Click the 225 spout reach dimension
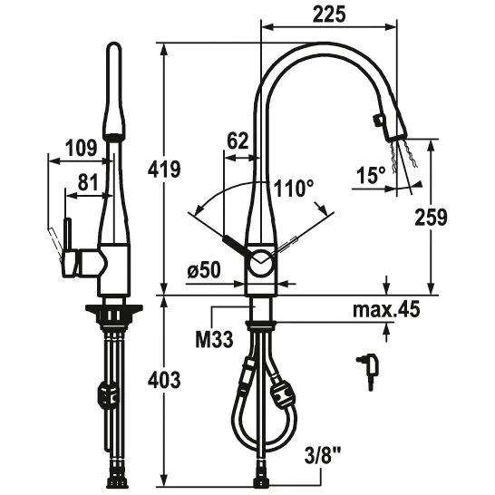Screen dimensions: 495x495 329,15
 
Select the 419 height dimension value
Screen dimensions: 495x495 164,169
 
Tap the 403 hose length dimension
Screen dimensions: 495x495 164,380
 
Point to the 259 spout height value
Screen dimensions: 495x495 431,218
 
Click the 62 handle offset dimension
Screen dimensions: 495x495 238,141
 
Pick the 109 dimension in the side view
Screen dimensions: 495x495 81,148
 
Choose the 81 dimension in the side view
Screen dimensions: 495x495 88,182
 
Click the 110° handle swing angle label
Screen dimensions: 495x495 293,189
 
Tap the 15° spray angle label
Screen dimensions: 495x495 371,175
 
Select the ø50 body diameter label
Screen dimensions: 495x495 204,271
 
